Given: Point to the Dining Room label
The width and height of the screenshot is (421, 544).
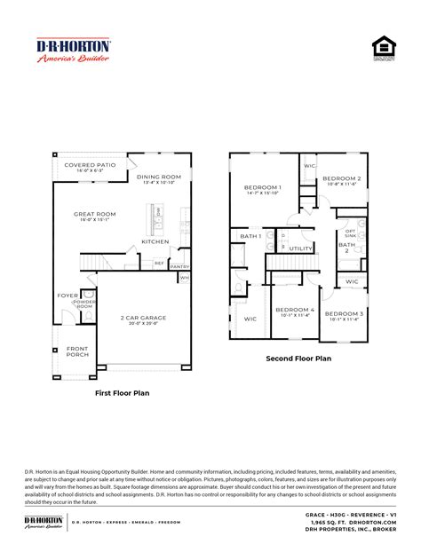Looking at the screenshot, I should coord(159,177).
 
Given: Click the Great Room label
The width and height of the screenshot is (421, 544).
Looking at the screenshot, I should coord(95,213).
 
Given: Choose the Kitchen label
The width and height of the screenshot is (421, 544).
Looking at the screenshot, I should coord(155,240).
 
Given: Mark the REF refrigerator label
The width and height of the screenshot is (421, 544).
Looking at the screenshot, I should coord(159,263).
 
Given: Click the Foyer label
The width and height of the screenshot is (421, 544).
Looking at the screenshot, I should coord(68,296).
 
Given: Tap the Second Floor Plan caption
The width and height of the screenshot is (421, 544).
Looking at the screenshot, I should coord(298,359).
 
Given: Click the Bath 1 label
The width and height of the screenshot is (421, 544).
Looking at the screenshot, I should coord(250,236).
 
